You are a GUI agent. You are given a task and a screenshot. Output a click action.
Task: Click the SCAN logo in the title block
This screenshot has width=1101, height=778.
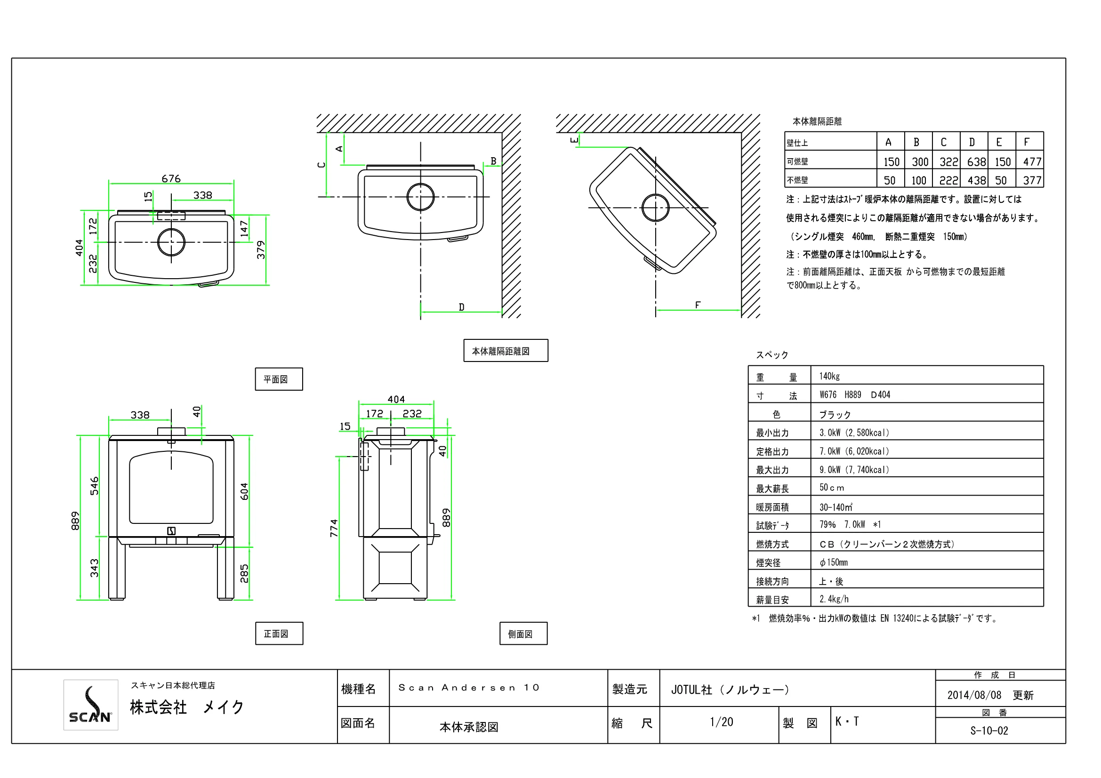[x=91, y=705]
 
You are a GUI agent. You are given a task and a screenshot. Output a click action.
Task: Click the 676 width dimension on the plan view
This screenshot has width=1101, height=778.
[x=171, y=179]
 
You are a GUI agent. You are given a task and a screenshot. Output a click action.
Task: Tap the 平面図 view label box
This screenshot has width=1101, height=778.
[x=279, y=379]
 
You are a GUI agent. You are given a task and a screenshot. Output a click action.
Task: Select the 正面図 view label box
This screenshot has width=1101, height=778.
[x=279, y=633]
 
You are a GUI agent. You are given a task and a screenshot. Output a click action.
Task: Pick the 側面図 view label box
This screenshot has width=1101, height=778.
[x=523, y=633]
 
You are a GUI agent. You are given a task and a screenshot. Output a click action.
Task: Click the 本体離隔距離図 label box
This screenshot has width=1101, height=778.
[x=506, y=351]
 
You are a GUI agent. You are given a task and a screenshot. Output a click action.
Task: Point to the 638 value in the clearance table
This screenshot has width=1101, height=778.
[x=976, y=162]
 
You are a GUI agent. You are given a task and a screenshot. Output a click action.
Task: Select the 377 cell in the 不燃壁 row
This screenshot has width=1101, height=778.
[x=1032, y=180]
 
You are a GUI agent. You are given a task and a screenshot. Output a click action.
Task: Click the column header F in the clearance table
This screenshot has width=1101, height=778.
[x=1027, y=142]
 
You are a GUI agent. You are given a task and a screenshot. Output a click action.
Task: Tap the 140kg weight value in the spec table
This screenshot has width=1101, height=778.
[x=829, y=377]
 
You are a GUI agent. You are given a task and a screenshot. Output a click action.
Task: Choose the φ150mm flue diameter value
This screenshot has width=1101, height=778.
[x=834, y=562]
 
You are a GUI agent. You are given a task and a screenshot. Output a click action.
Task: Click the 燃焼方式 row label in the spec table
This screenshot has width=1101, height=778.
[x=772, y=544]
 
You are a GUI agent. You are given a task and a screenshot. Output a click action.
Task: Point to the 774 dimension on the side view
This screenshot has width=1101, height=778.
[x=334, y=528]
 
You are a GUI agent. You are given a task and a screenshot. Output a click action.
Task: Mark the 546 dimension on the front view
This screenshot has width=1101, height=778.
[x=95, y=486]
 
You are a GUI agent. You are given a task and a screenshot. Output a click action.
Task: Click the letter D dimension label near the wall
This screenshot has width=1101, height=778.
[x=461, y=307]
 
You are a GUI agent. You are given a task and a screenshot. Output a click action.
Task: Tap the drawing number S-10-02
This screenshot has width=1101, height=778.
[x=989, y=730]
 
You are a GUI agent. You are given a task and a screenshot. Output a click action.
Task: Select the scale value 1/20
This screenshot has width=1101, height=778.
[x=721, y=722]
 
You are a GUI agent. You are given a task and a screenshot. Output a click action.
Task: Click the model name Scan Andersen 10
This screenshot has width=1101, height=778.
[x=468, y=688]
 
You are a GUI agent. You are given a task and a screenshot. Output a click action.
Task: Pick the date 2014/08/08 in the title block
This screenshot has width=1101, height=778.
[x=974, y=695]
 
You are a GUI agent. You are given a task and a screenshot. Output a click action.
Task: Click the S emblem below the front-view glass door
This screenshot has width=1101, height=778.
[x=171, y=530]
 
